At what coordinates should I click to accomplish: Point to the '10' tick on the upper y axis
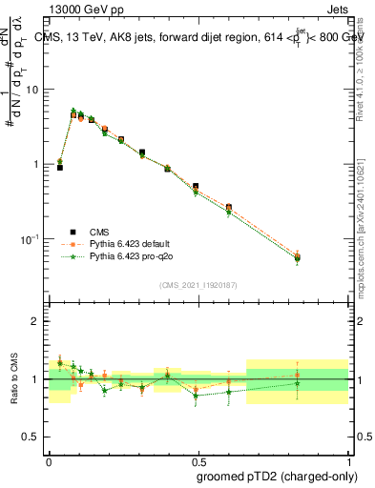(31, 90)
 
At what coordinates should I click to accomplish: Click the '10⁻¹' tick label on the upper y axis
(29, 239)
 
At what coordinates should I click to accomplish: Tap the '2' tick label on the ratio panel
(35, 321)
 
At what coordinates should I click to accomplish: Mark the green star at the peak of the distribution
(73, 112)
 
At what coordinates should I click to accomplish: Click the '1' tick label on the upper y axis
(35, 164)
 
